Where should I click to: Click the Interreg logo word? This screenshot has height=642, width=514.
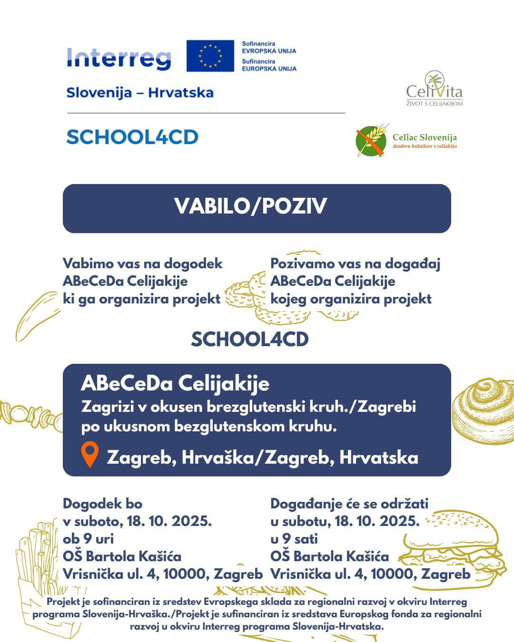click(119, 58)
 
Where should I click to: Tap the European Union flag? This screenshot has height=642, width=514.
click(210, 56)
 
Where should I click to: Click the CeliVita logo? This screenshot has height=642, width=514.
click(434, 89)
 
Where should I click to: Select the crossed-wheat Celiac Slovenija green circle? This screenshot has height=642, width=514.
click(371, 141)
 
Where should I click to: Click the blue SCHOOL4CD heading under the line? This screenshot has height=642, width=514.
click(132, 137)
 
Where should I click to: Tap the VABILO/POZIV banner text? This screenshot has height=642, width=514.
click(250, 206)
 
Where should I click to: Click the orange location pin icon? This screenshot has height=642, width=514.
click(89, 454)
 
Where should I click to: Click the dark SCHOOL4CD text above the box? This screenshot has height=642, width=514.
click(249, 339)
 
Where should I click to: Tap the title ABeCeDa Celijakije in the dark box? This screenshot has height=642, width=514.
click(175, 383)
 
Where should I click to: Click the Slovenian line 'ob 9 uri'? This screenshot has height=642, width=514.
click(88, 539)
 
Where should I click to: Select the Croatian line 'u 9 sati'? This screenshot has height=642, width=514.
click(294, 539)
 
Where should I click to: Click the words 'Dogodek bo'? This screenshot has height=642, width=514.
click(102, 504)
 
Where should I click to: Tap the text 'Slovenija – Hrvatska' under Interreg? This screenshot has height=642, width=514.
click(140, 92)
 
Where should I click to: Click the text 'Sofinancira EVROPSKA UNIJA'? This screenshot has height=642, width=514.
click(268, 47)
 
